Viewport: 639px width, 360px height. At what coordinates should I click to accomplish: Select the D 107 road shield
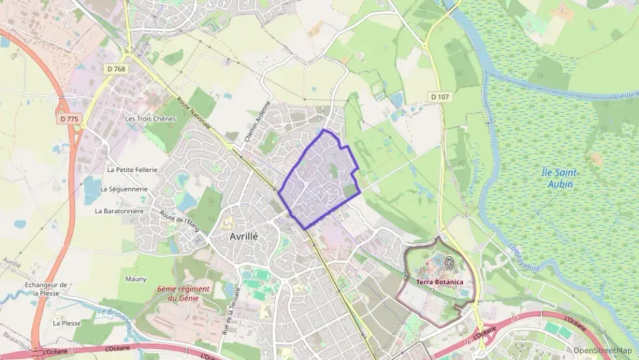coord(440,97)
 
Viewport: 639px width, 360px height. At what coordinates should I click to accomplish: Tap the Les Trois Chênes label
coord(150,118)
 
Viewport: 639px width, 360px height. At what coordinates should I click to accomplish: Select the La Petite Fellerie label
coord(132,169)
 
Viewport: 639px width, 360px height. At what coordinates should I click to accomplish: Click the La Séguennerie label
coord(124,189)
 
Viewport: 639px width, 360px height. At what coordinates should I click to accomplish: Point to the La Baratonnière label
coord(119,211)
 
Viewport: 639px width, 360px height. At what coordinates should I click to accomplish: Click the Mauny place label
coord(136,278)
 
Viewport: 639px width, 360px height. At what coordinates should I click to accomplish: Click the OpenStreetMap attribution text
coord(602,350)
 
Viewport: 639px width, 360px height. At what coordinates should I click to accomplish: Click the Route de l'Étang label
coord(179,221)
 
